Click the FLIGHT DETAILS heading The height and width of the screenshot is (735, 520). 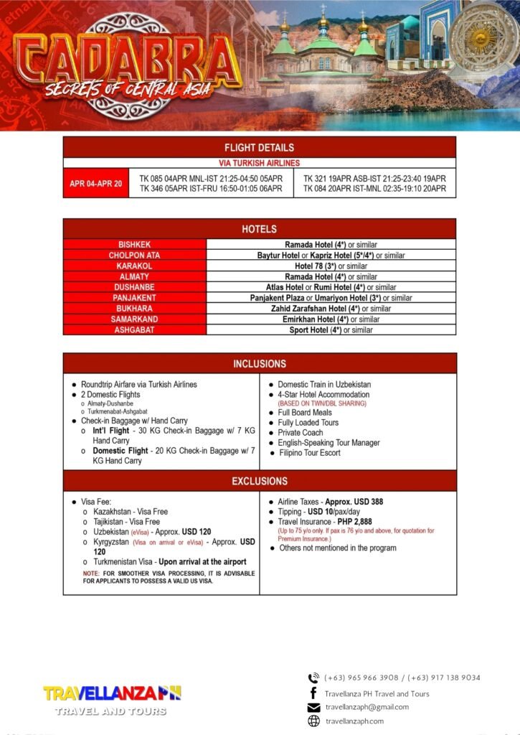point(259,147)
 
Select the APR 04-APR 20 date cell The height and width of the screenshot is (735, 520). point(95,183)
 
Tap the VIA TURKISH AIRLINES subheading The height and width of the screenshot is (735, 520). point(259,163)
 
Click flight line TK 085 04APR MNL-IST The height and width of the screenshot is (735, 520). point(211,178)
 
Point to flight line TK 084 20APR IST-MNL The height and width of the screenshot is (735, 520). point(374,189)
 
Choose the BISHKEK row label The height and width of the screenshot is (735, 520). point(134,245)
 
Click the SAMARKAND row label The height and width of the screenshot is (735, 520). point(134,319)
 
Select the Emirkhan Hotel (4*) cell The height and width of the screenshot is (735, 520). point(331,319)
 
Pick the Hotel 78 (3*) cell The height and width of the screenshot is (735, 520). point(331,266)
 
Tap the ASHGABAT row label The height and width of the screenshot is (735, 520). point(134,330)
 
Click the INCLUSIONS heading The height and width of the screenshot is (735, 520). point(259,364)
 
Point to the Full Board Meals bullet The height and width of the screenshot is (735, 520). point(304,413)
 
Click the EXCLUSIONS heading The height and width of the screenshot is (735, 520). point(259,481)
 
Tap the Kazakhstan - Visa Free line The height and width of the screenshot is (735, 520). point(130,512)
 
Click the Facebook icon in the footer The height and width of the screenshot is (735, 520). point(313,693)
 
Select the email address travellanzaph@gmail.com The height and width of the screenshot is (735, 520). point(367,707)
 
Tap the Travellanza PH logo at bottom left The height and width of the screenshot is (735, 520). point(112,698)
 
